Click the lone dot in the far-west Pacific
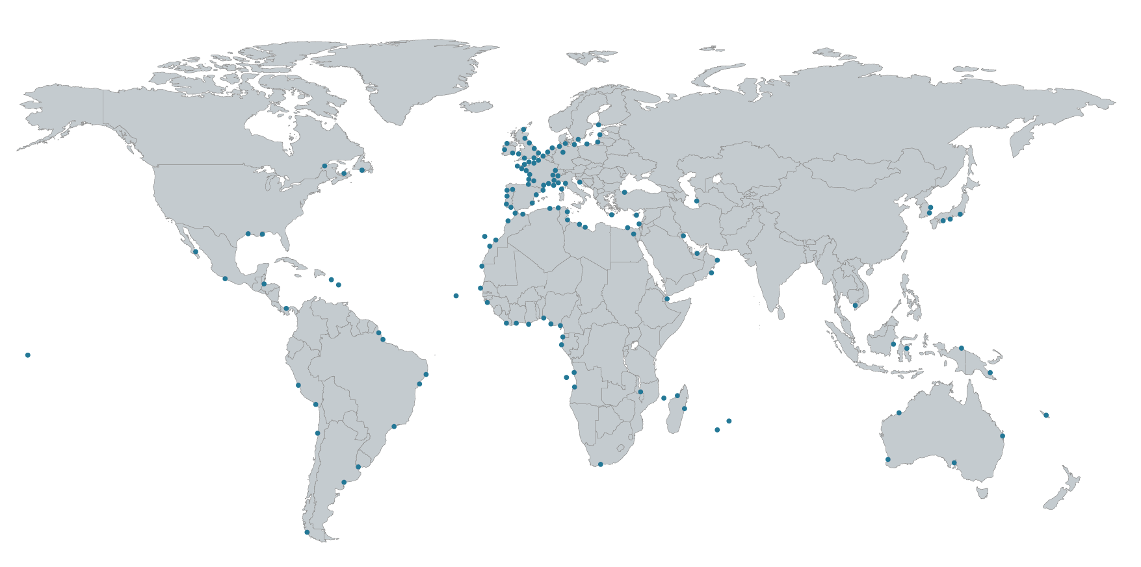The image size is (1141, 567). point(28,355)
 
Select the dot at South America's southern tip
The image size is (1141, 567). point(307,533)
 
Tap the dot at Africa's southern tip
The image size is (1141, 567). point(600,464)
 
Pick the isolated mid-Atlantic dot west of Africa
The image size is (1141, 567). point(456,296)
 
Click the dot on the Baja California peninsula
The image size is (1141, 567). point(196,251)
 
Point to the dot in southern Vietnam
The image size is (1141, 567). point(855,305)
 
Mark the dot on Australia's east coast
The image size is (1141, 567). point(1002,436)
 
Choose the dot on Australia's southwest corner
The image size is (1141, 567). point(887,460)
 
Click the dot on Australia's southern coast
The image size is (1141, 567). point(954,463)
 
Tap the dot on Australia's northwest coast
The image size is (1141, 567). point(899,412)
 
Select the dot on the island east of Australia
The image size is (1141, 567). point(1046,415)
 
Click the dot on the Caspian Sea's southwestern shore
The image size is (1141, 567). point(696,201)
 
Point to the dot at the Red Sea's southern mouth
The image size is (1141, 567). point(667,299)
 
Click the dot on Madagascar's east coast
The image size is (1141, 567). point(684,409)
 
